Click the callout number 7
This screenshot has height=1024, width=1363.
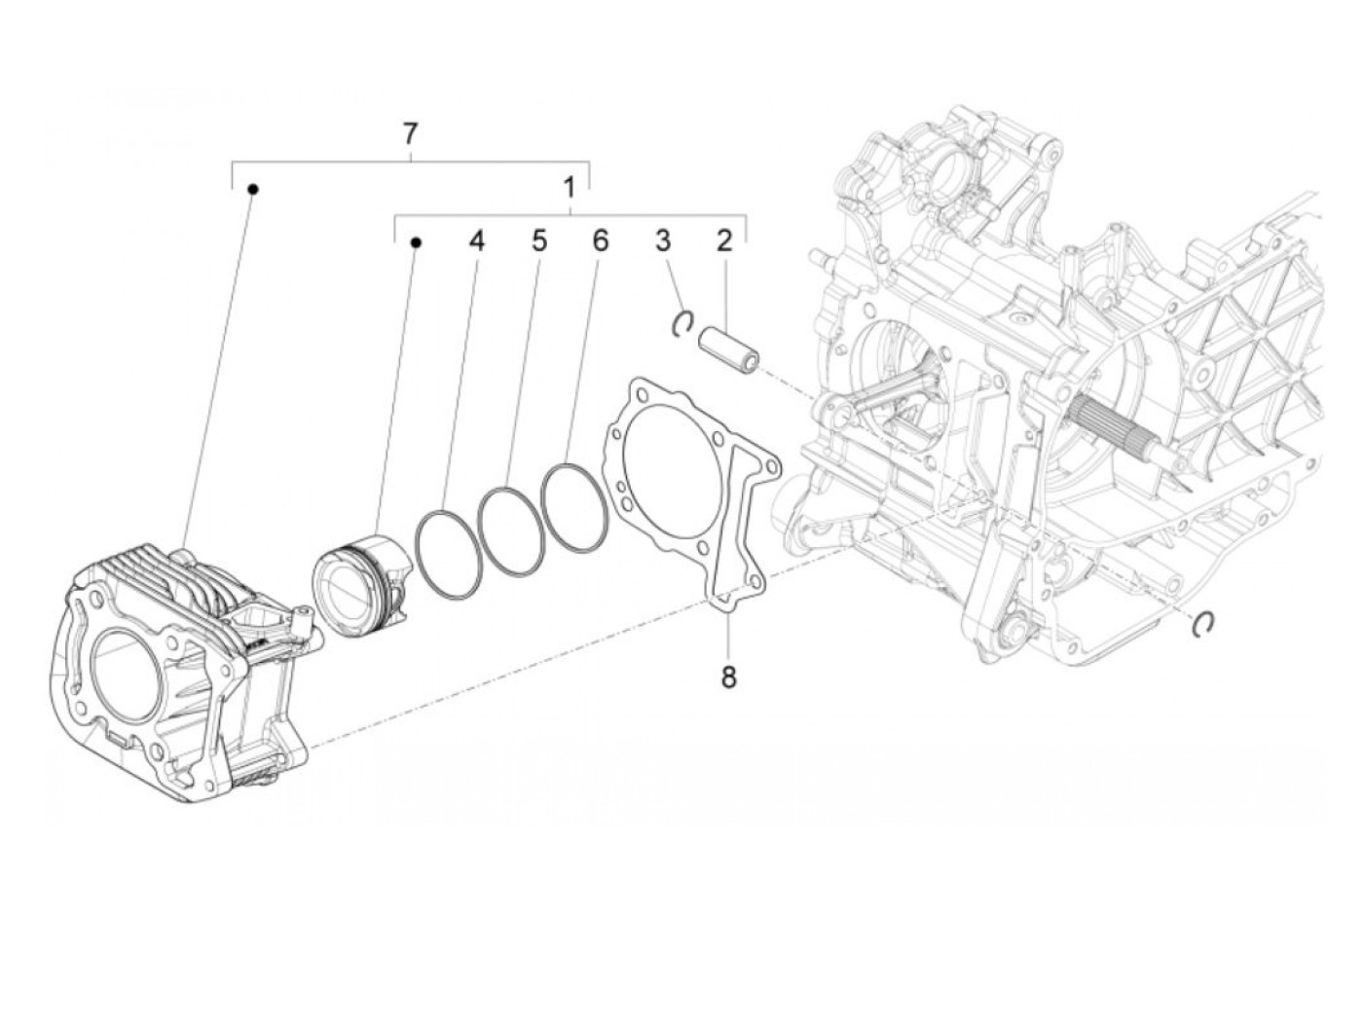[x=410, y=133]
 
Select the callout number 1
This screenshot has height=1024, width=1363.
[x=571, y=186]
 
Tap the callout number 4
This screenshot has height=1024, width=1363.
[x=475, y=240]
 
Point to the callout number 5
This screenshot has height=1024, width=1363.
[x=538, y=240]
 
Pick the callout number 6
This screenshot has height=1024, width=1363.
[x=600, y=240]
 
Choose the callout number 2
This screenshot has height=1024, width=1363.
[x=723, y=240]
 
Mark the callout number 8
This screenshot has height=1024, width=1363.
[x=728, y=677]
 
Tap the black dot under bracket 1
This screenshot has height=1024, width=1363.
[x=416, y=242]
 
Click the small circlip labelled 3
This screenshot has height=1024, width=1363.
[x=683, y=323]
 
